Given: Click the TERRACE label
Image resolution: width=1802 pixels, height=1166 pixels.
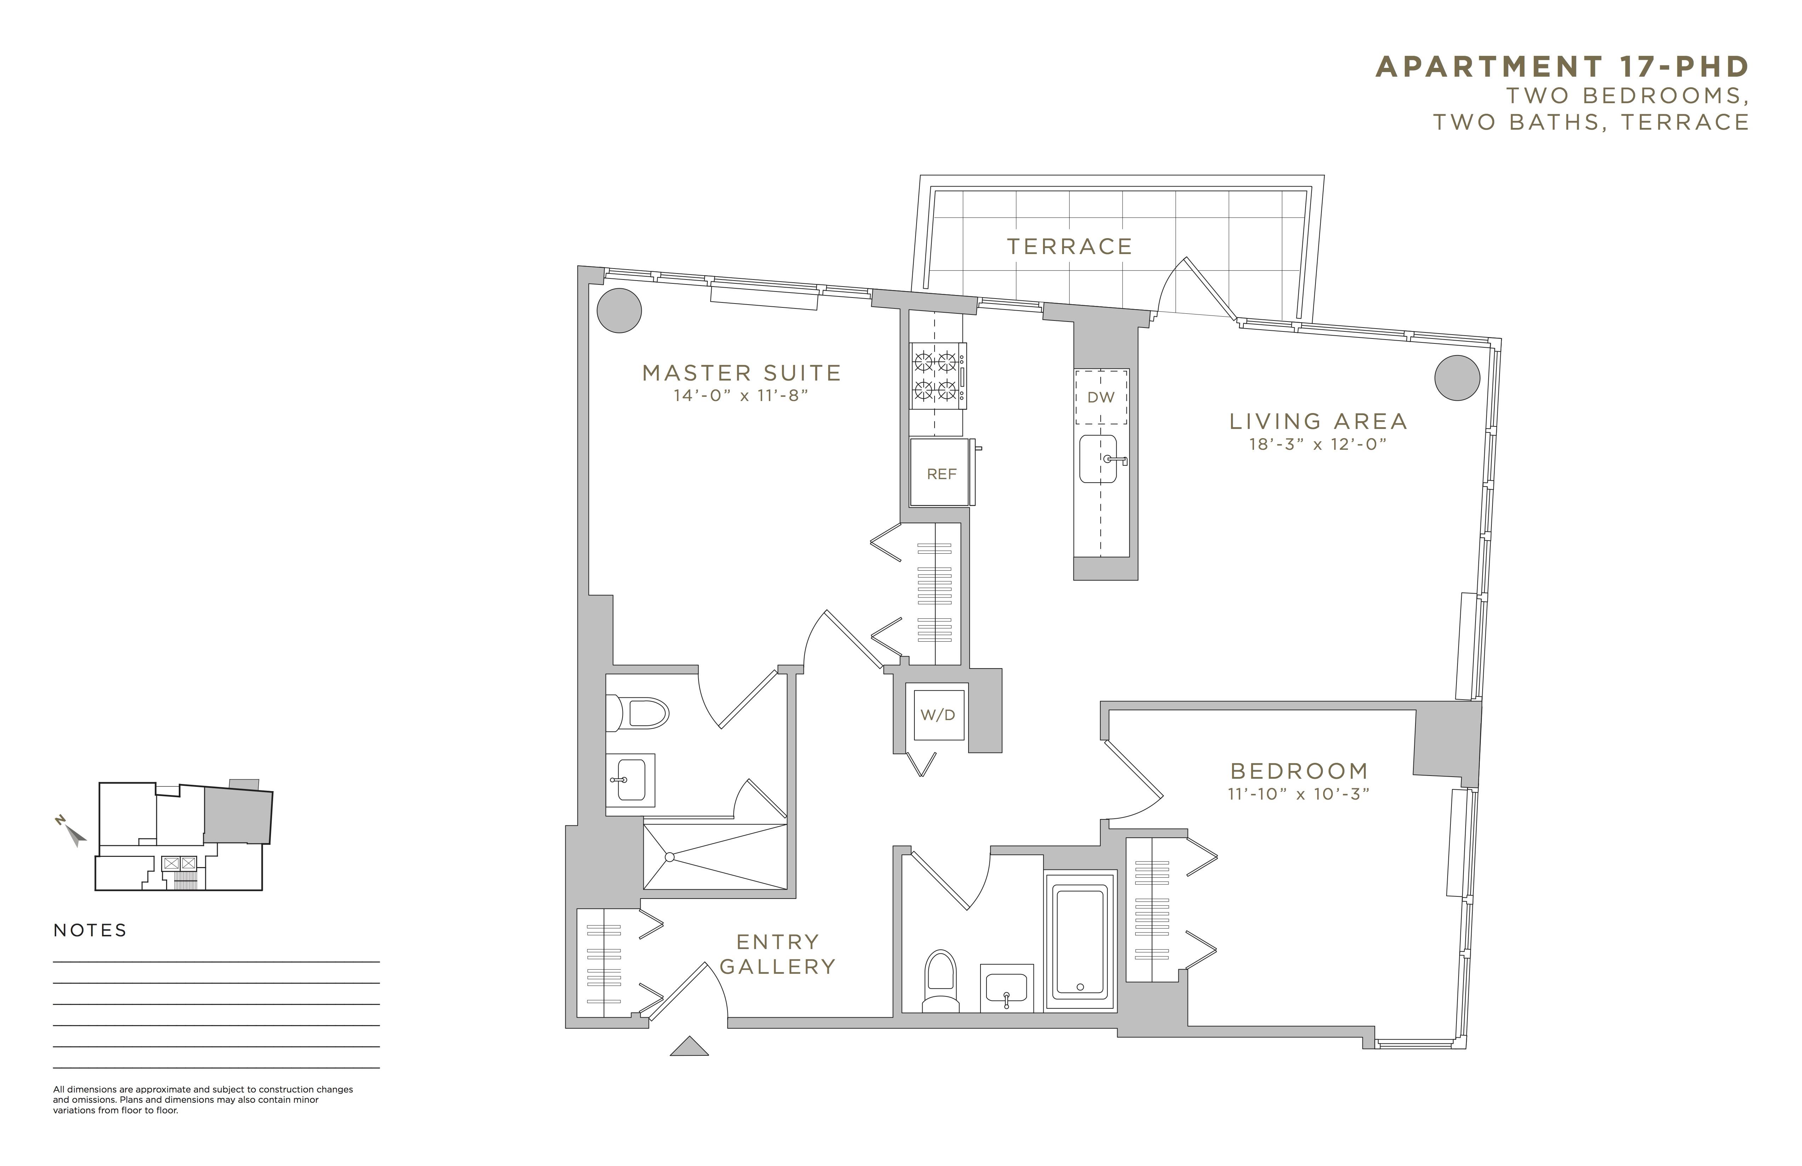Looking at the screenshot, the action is point(1069,246).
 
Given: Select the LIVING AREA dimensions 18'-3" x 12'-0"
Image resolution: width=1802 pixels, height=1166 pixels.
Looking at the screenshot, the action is point(1318,444).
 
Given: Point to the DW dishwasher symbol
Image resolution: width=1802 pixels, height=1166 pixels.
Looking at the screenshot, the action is point(1101,397).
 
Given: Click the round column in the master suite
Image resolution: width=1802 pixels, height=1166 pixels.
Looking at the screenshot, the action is point(619,311).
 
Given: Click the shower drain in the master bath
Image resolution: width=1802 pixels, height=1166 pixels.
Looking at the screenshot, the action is point(669,857).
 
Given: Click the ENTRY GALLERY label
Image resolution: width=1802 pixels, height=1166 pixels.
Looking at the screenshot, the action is point(778,954).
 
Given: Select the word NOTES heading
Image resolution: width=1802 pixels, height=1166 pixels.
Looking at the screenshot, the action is point(90,931).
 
